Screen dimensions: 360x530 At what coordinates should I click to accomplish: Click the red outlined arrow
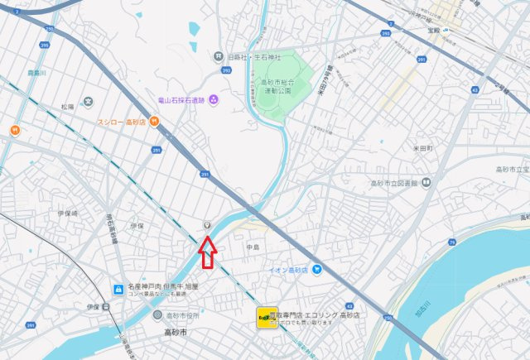(x=207, y=252)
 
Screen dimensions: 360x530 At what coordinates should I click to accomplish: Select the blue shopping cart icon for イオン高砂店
(x=316, y=270)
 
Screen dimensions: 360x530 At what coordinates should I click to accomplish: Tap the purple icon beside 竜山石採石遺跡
(x=214, y=99)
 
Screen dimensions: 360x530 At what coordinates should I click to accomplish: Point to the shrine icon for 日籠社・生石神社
(x=218, y=57)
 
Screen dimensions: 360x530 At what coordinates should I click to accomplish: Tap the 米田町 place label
(x=423, y=148)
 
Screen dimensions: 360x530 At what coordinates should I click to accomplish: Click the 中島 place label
(x=253, y=246)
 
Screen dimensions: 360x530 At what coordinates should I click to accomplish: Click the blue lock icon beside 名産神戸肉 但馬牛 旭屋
(x=118, y=290)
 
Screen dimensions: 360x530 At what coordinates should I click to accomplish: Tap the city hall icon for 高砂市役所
(x=157, y=314)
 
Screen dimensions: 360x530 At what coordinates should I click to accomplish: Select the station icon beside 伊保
(x=106, y=306)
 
